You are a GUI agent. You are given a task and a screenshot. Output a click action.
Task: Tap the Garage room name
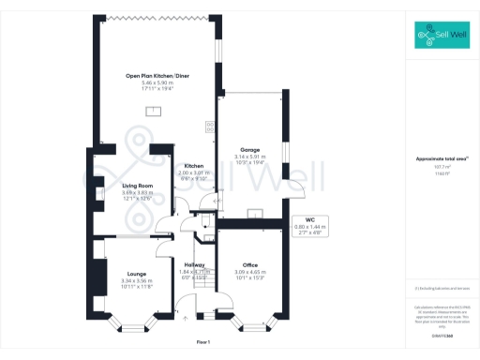coord(249,149)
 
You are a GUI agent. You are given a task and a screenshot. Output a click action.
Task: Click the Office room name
coord(249,265)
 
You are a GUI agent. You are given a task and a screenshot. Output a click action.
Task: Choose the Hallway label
coord(194,265)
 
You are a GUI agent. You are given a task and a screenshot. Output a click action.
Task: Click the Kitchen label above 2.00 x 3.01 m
coord(194,166)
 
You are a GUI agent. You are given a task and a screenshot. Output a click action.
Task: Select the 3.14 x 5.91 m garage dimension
coord(249,157)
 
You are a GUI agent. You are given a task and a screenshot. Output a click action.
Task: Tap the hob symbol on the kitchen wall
coord(210,127)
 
